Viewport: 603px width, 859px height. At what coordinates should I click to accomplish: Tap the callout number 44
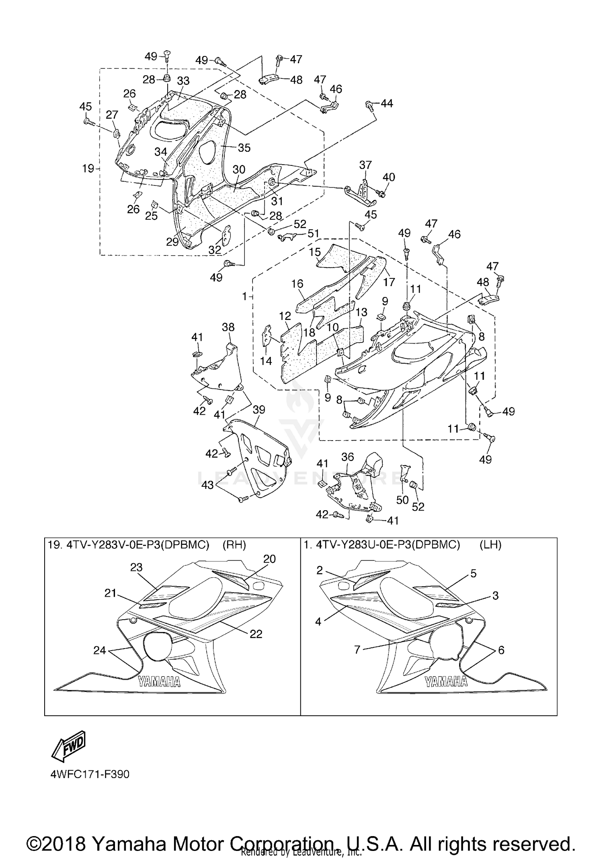(386, 103)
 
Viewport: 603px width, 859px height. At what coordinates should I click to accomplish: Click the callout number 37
(365, 165)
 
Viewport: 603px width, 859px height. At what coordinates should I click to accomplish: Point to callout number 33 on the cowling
(183, 81)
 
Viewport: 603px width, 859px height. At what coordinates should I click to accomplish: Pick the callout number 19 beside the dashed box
(88, 168)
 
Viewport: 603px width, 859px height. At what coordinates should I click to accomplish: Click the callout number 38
(228, 327)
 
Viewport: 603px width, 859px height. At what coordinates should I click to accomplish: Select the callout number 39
(259, 410)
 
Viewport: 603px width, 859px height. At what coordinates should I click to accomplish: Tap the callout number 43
(207, 485)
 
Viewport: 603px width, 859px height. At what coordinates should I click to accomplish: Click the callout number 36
(347, 457)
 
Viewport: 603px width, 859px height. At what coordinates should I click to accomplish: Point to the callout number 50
(402, 500)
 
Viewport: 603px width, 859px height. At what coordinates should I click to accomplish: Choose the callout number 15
(315, 252)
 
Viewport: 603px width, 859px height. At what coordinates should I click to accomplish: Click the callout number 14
(266, 361)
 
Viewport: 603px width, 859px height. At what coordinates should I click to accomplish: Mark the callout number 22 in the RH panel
(256, 634)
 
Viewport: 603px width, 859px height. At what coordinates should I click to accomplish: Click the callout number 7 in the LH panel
(357, 649)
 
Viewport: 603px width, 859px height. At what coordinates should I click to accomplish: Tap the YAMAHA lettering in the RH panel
(160, 682)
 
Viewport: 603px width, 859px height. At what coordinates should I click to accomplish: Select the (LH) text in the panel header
(490, 545)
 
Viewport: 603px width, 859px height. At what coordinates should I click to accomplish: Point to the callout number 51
(313, 233)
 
